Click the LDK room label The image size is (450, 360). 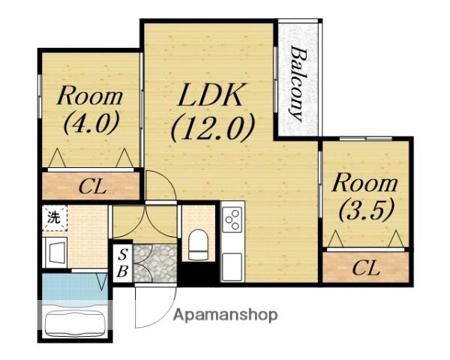pos(209,94)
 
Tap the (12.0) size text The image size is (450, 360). pos(213,127)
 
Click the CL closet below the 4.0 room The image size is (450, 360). pos(91,186)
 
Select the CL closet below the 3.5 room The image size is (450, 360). pos(366,267)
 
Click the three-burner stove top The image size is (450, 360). pos(232,220)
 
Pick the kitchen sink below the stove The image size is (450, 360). pos(232,267)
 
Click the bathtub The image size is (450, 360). pos(76,324)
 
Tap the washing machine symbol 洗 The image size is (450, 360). pos(55,217)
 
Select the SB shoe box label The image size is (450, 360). pos(123,262)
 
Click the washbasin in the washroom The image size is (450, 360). pos(56,252)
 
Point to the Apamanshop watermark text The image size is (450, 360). pos(226,315)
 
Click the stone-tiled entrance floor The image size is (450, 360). pos(155,263)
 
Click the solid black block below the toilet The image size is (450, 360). pos(199,274)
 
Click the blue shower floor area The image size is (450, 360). pos(75,287)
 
